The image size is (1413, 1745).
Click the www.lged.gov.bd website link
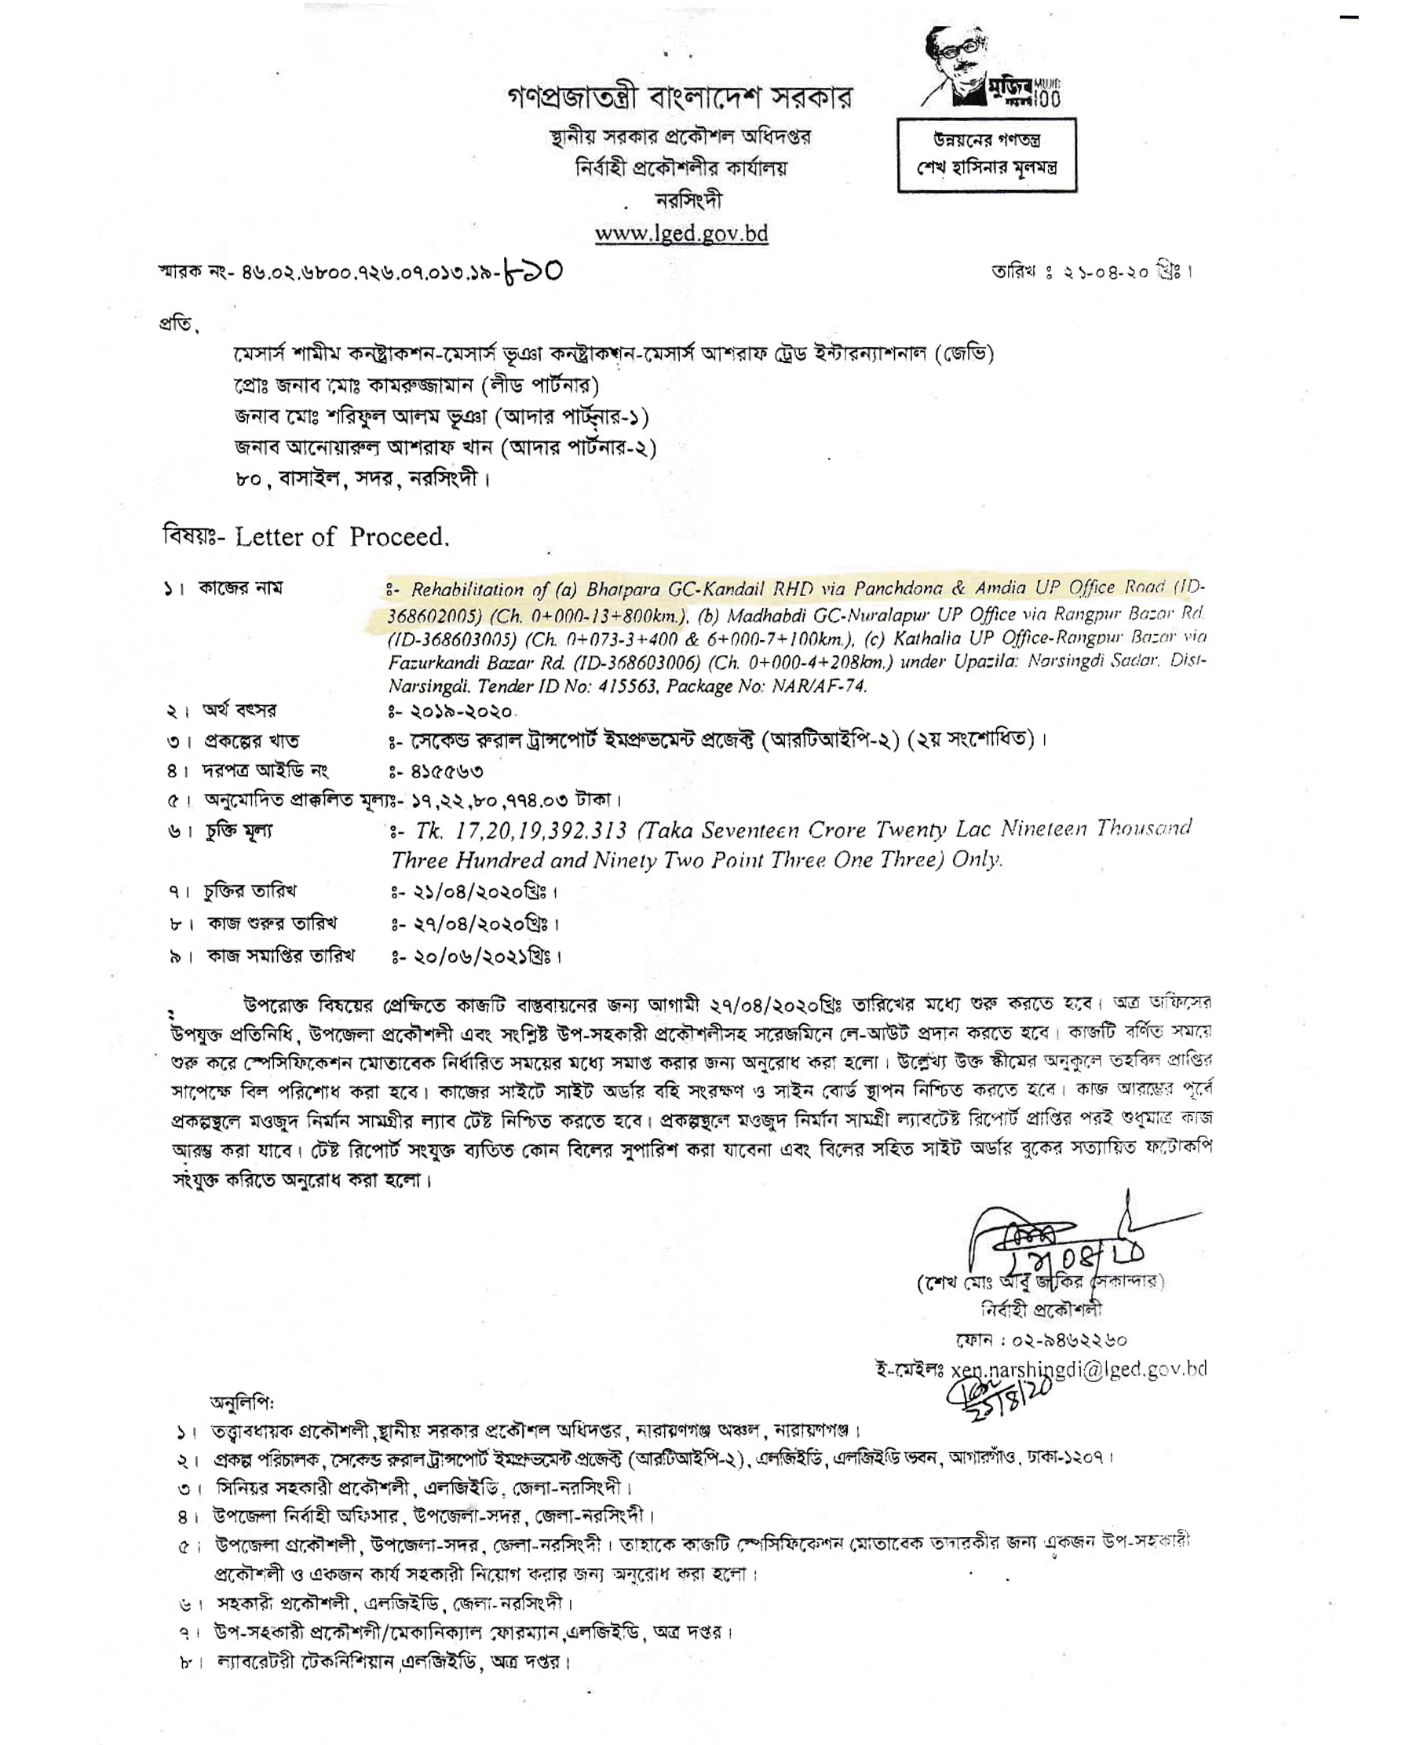681,234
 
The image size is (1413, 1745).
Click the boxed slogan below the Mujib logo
987,155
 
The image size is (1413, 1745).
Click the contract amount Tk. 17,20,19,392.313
521,831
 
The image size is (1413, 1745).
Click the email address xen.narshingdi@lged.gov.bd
1079,1369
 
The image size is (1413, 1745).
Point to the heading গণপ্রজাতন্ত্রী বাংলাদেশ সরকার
680,97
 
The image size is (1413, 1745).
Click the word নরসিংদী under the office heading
688,200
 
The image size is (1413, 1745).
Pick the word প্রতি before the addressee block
177,324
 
